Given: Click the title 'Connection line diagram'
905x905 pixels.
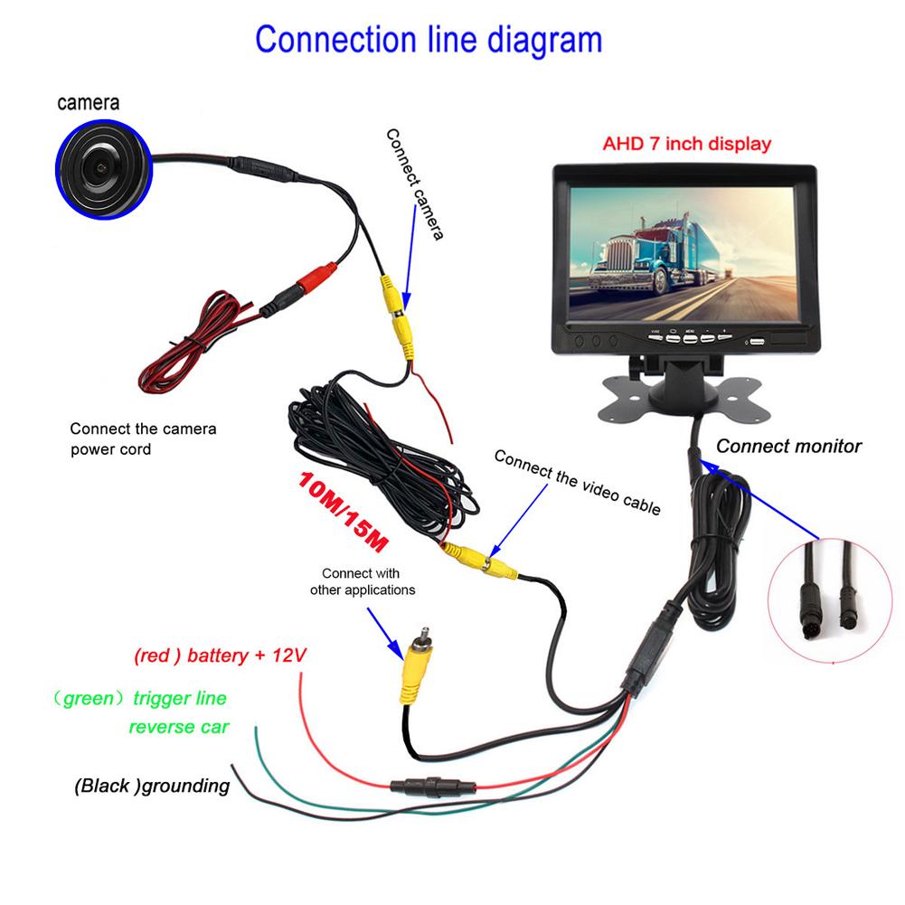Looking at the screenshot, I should (428, 40).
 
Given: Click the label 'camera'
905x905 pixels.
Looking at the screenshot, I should (89, 103).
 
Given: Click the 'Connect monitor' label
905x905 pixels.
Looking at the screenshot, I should (788, 446).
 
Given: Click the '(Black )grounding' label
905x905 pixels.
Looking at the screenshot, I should (152, 786).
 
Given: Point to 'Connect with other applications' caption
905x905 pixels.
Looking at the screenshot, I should (362, 581).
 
